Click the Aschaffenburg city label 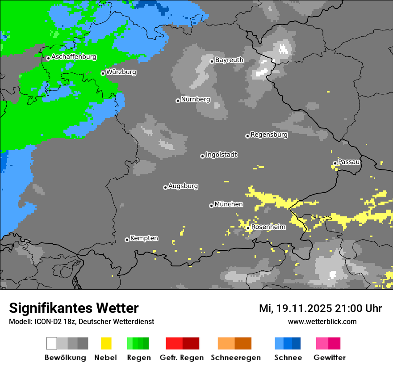[74, 57]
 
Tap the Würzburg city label [121, 72]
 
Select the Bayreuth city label [229, 60]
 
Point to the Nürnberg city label [195, 100]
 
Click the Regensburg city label [269, 135]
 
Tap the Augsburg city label [183, 186]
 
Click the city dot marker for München [211, 206]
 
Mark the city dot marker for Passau [335, 163]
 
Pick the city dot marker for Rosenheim [248, 228]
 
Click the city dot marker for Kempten [127, 240]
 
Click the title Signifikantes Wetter [74, 308]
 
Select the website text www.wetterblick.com [322, 321]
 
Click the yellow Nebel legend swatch [106, 343]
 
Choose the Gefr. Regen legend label [182, 358]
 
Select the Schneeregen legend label [235, 358]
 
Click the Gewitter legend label [330, 358]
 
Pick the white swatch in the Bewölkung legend [52, 343]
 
